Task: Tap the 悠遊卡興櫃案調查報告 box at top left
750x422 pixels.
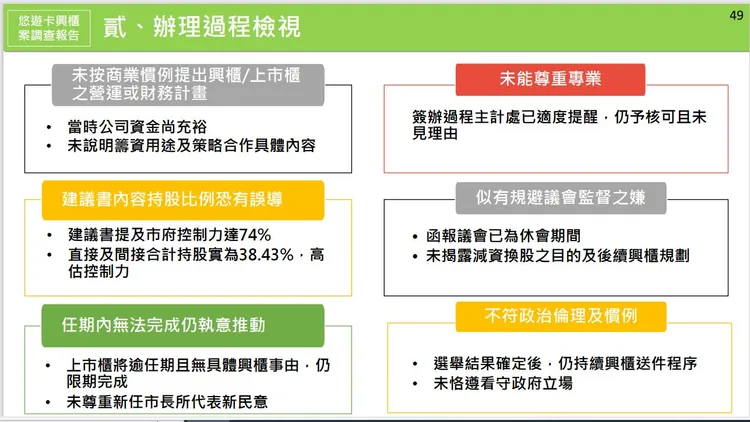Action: pyautogui.click(x=42, y=28)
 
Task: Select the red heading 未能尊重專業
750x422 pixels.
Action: pyautogui.click(x=549, y=78)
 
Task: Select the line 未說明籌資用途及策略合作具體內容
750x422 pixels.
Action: pyautogui.click(x=192, y=146)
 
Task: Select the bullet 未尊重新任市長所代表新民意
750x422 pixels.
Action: pyautogui.click(x=169, y=403)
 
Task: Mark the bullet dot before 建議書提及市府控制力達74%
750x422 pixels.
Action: pyautogui.click(x=51, y=236)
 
